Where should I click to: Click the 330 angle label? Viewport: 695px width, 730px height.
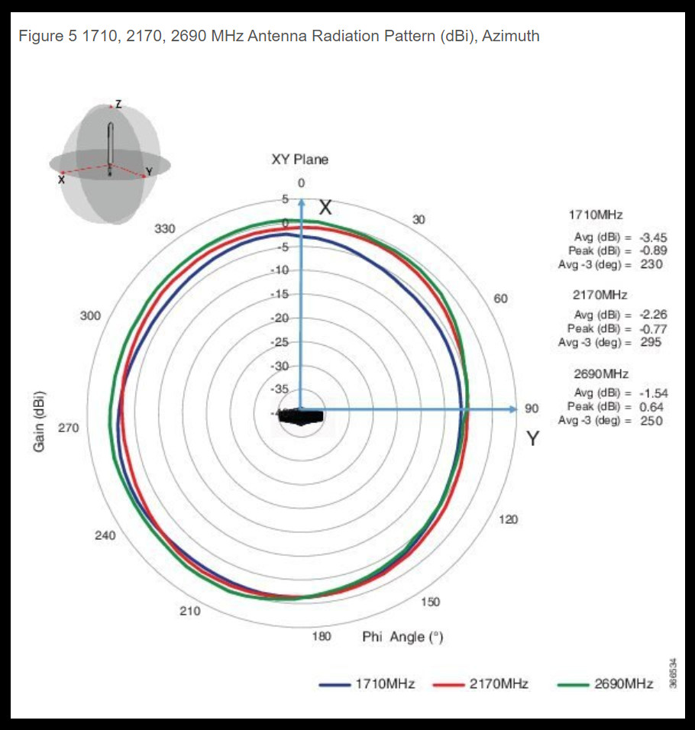point(165,229)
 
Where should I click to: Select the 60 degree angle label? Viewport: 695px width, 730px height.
point(500,299)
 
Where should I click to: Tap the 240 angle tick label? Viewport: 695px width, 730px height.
point(105,535)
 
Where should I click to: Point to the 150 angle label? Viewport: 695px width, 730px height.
point(430,602)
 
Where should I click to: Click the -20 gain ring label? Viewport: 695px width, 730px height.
point(280,318)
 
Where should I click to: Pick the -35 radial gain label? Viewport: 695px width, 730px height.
point(280,389)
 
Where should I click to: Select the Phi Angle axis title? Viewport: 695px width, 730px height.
point(402,637)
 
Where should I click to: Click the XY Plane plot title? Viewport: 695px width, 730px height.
point(300,160)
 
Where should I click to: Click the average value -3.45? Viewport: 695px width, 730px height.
point(653,238)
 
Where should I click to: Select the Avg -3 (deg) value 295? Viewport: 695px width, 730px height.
point(651,342)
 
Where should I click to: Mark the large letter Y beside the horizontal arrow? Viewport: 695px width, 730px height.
point(532,438)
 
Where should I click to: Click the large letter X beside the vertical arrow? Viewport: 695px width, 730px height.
point(325,208)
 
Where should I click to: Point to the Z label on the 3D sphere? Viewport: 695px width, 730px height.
point(118,103)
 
